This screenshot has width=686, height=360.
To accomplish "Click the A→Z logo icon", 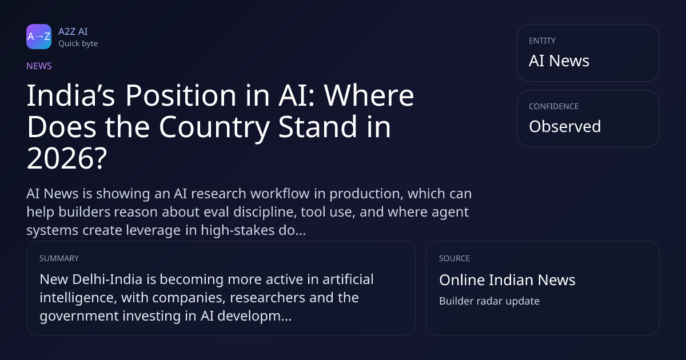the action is [39, 37].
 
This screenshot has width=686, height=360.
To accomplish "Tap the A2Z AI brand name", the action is [73, 31].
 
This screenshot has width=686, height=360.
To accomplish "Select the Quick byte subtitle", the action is [78, 44].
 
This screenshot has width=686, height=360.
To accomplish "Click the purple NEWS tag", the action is [39, 66].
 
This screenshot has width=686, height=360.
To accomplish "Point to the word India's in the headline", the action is [71, 95].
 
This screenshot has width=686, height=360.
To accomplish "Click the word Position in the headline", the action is [181, 95].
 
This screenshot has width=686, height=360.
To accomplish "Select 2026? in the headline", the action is [67, 158].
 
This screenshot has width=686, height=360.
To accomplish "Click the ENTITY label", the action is [542, 41].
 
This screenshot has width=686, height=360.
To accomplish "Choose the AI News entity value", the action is [559, 61].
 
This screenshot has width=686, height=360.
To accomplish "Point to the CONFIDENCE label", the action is [554, 106].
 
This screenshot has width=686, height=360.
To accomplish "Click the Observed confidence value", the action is [565, 126].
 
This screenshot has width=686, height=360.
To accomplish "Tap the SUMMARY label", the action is [59, 258].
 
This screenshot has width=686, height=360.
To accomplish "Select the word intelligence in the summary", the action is [78, 298].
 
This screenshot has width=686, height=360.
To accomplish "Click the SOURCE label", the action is [454, 258].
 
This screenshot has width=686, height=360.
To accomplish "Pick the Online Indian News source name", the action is [507, 280].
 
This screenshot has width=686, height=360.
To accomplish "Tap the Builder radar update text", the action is [489, 301].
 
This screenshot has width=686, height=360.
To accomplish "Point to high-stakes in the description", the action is [238, 230].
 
